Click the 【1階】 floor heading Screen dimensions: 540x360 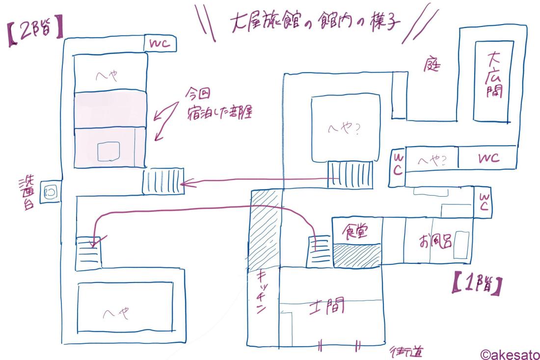[x=476, y=286]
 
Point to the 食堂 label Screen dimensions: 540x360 [x=357, y=231]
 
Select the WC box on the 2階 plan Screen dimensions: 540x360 [x=160, y=44]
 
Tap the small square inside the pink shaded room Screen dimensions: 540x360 [x=108, y=152]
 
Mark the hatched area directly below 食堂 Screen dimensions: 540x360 [x=357, y=255]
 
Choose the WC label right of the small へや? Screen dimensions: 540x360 [x=487, y=158]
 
